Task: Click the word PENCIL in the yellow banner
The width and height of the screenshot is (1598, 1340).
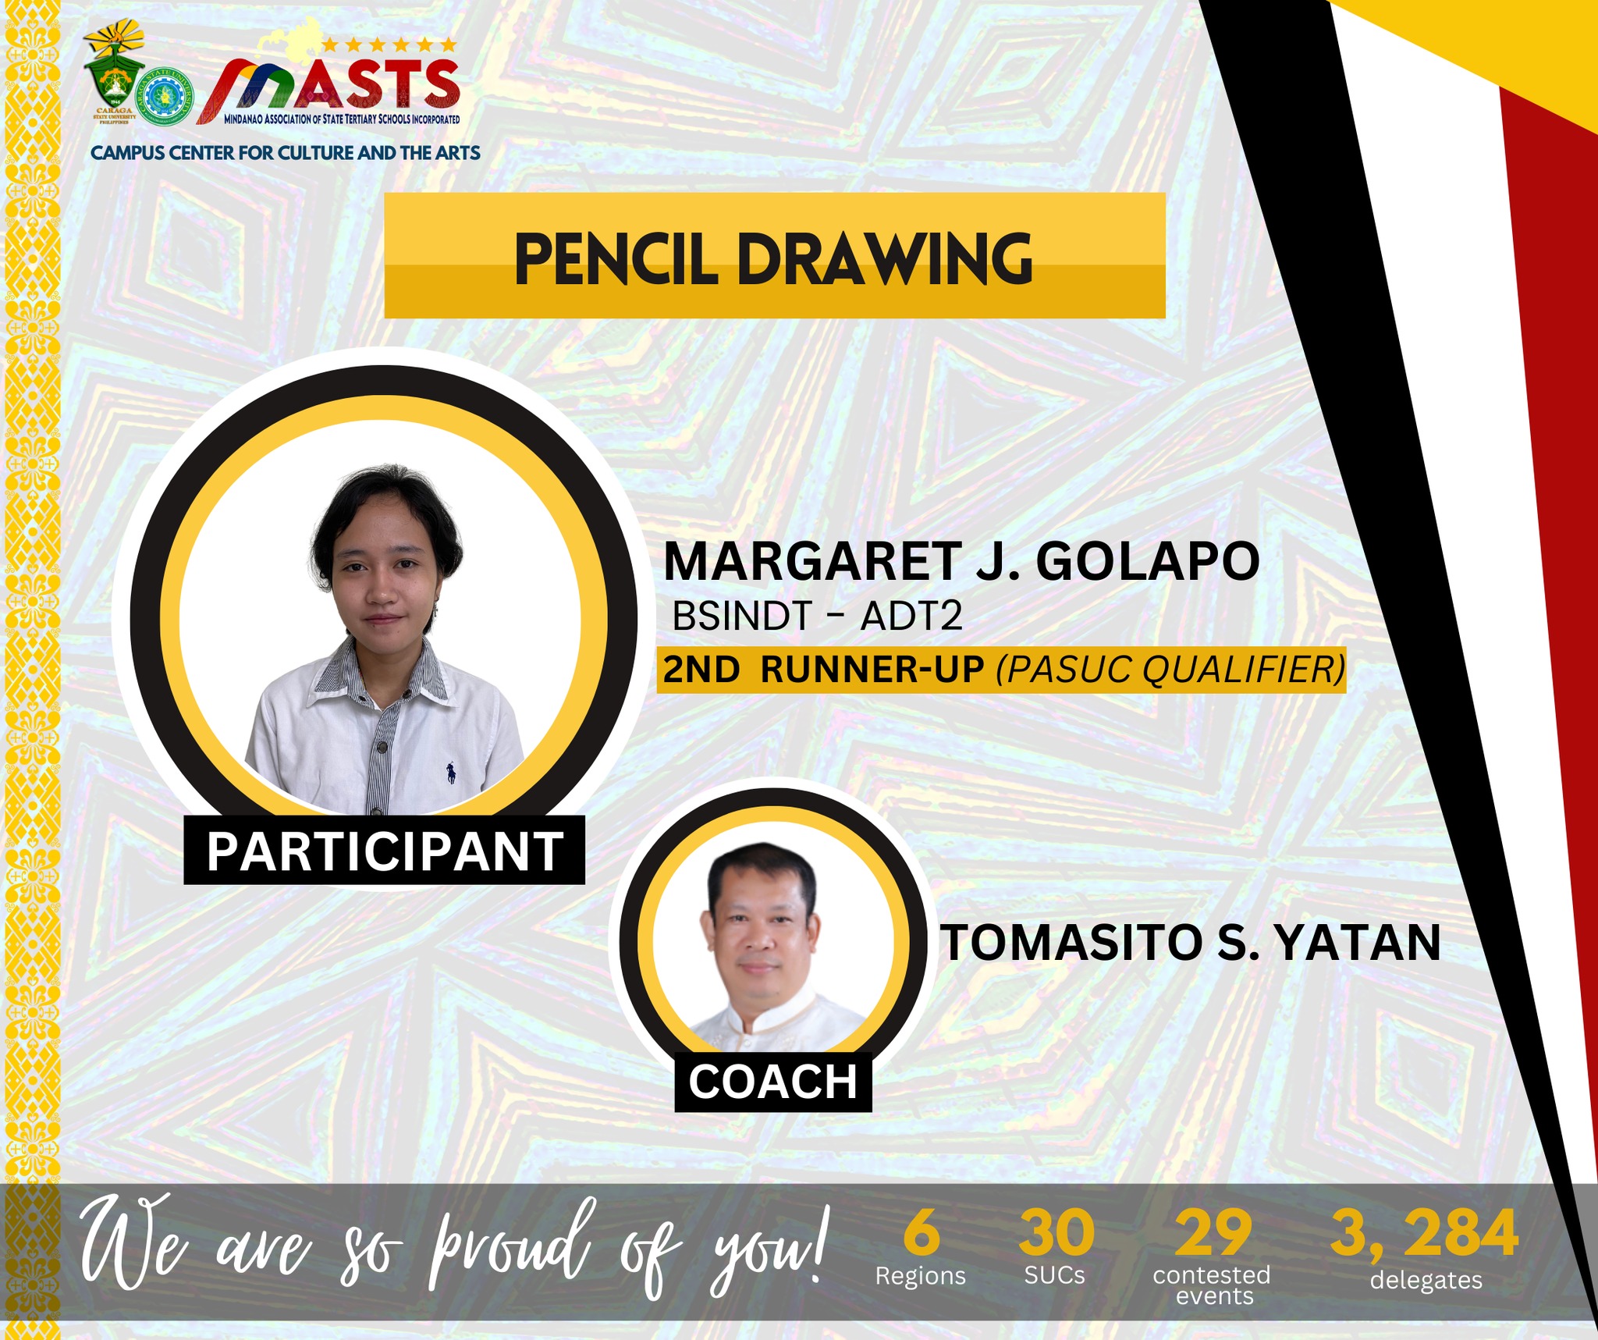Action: [x=614, y=260]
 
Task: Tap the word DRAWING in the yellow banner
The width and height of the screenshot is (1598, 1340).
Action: [x=885, y=260]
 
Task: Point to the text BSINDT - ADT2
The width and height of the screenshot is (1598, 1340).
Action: [x=817, y=617]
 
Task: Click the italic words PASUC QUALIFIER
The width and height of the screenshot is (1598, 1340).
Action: [x=1170, y=670]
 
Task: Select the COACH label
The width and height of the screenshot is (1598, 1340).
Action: [x=772, y=1082]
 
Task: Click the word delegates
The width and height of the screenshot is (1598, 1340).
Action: [x=1426, y=1281]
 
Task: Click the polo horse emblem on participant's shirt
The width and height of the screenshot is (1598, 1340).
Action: [x=451, y=773]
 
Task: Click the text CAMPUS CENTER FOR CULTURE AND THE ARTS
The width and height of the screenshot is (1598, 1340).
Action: [x=285, y=153]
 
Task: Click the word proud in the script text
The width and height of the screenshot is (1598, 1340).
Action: [x=511, y=1249]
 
